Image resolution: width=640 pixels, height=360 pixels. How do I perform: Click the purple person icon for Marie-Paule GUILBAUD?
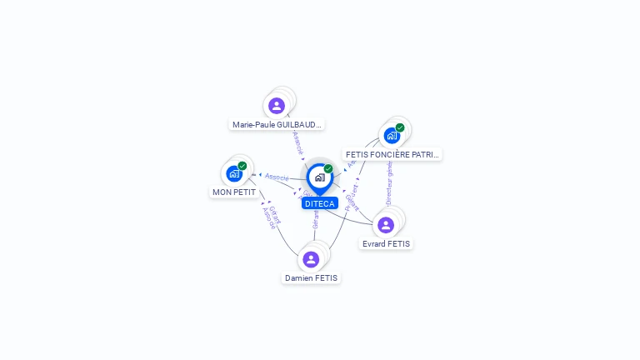(277, 106)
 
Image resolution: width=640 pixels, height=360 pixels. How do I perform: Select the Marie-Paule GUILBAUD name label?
(277, 124)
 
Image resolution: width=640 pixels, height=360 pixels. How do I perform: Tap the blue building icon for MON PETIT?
(234, 174)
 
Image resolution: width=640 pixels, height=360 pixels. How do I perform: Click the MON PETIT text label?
(234, 192)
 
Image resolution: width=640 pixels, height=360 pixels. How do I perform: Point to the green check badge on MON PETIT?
(242, 166)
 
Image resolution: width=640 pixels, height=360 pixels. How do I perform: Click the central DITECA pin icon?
(319, 177)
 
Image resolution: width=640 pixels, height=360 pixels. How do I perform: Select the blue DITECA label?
(319, 203)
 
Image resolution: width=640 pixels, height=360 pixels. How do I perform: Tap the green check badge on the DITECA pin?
(328, 169)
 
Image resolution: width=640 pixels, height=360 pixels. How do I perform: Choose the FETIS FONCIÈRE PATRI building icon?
(392, 136)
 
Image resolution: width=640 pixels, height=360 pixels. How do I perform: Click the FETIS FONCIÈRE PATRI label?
(392, 154)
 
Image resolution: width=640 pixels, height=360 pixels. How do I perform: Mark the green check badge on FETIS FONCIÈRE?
(400, 127)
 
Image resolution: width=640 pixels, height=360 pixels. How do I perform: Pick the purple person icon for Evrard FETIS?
(386, 225)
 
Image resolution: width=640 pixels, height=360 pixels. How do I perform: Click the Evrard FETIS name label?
(386, 243)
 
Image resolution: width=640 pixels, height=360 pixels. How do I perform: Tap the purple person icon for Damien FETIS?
(311, 259)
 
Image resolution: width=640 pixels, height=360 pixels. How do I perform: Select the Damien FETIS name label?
(312, 277)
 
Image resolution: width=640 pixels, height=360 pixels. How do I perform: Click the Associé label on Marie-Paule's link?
(297, 142)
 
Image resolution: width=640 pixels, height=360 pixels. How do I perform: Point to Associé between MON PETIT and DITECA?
(277, 177)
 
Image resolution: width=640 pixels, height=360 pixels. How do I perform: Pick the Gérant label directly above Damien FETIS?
(316, 220)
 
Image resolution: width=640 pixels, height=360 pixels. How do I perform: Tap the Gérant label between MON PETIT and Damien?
(275, 215)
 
